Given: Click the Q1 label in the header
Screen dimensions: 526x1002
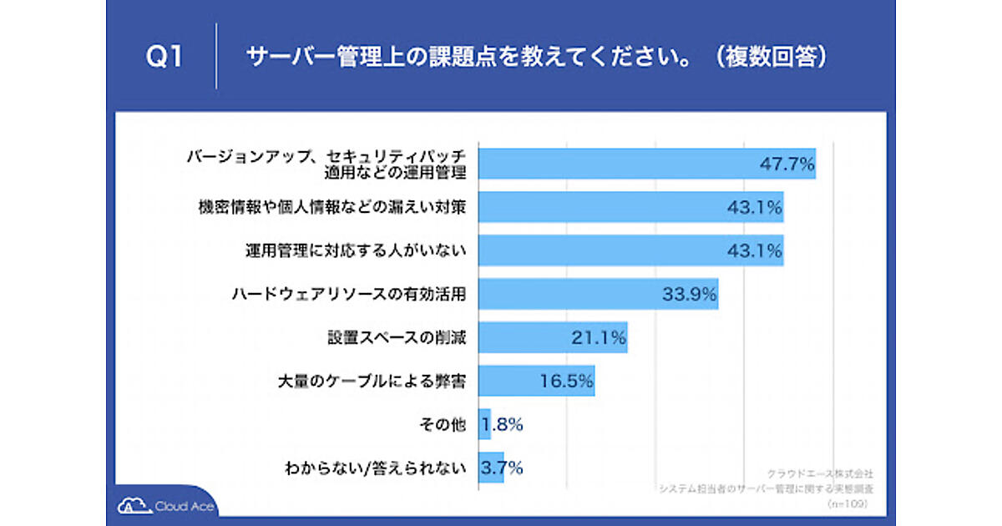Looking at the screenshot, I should point(164,57).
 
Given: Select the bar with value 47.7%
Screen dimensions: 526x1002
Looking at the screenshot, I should point(646,164).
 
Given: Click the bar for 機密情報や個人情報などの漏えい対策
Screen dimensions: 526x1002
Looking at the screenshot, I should point(630,207).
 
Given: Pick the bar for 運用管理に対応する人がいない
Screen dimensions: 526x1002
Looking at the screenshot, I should point(630,250).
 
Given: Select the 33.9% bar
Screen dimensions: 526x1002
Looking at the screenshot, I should point(598,294).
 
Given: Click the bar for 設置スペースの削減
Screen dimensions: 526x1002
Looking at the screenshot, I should point(552,337).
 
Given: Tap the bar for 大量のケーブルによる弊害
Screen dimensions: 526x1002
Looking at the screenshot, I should point(536,381).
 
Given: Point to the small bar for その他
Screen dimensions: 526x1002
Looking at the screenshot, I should point(484,424).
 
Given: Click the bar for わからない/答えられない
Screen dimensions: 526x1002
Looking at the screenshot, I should point(490,468).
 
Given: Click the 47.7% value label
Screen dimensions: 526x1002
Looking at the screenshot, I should point(787,164).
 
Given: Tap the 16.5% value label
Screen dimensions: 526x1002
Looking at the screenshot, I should point(566,381).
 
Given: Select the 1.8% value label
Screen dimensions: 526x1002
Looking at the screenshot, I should point(504,424).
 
